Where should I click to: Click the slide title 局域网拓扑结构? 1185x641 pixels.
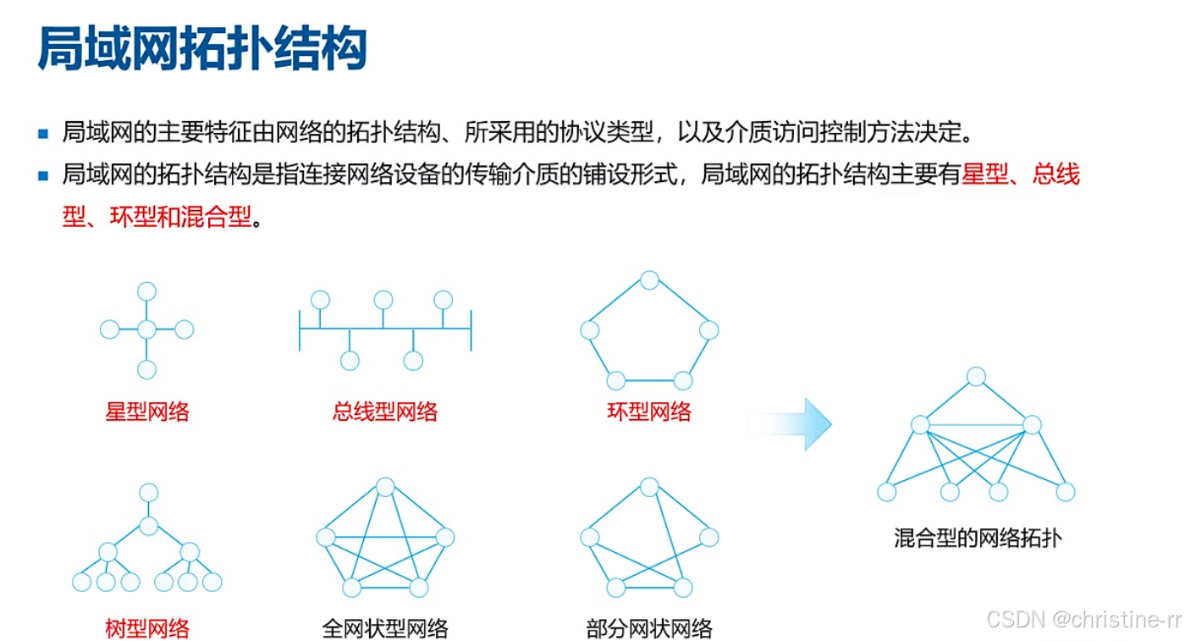202,49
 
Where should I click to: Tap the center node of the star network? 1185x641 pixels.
147,329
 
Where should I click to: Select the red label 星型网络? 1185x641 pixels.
147,412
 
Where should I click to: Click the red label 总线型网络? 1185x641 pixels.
385,412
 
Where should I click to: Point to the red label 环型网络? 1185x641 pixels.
649,412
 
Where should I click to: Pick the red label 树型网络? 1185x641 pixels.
147,628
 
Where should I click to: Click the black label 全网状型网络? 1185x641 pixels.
385,628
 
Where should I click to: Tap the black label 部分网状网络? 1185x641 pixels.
649,628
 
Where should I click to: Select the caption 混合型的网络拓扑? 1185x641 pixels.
978,538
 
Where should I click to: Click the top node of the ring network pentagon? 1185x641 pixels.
649,280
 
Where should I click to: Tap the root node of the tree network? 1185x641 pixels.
149,493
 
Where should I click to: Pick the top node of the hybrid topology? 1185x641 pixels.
976,377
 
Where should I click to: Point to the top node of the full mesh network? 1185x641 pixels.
385,487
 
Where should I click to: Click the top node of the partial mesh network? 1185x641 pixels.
649,487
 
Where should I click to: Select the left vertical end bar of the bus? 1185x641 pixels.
300,330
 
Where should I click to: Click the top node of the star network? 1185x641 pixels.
147,291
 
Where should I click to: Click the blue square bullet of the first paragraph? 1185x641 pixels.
43,133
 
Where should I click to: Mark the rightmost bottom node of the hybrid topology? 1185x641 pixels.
1066,492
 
